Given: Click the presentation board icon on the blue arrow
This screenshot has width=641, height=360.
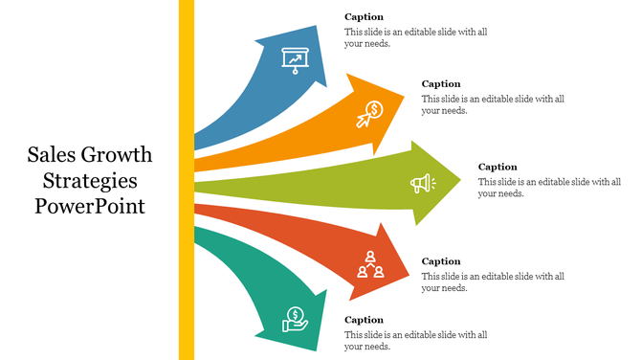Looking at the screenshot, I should click(295, 59).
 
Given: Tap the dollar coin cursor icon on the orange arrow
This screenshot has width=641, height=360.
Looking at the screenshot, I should click(370, 114).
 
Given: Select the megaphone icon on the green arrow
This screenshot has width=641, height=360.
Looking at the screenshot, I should click(422, 183).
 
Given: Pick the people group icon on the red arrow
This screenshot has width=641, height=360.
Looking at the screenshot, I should click(370, 263).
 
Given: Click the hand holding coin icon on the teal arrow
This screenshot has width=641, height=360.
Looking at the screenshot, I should click(295, 319).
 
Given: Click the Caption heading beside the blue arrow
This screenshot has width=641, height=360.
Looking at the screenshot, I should click(364, 17).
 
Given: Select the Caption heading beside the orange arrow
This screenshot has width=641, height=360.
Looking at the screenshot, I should click(441, 84).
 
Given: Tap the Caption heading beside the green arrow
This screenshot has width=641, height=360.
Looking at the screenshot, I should click(497, 167).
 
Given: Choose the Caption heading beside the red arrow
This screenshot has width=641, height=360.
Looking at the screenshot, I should click(441, 261).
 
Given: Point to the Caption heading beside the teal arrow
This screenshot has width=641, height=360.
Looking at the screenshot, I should click(364, 320).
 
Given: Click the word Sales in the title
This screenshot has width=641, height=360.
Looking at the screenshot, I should click(51, 156).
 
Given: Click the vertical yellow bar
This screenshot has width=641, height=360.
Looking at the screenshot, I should click(187, 180).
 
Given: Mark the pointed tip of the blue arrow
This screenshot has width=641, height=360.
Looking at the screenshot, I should click(325, 84).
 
